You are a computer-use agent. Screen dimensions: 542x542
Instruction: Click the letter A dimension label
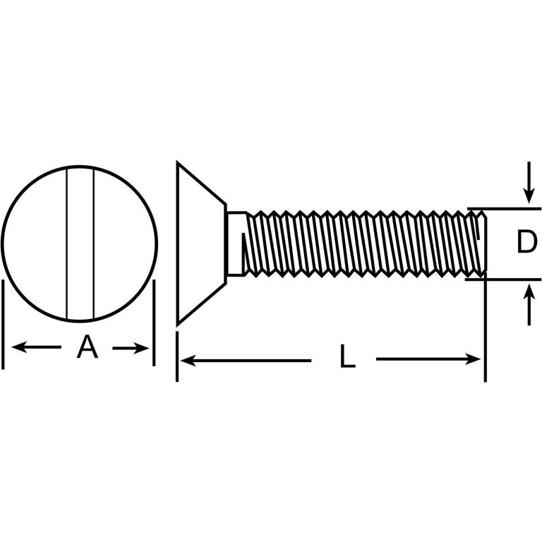coord(87,347)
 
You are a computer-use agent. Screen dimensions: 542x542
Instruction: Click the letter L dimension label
coord(347,356)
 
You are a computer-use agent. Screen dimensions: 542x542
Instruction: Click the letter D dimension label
coord(526,241)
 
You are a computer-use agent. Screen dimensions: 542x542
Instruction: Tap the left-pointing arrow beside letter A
coord(36,347)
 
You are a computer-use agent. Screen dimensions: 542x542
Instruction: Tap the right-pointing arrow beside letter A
coord(131,348)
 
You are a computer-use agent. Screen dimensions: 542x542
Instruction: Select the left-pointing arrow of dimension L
coord(246,361)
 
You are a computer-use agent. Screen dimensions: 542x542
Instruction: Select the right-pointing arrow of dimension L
coord(428,359)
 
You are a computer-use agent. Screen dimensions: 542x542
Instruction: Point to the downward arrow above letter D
coord(529,182)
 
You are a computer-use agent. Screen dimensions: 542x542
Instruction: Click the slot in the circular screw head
coord(80,243)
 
